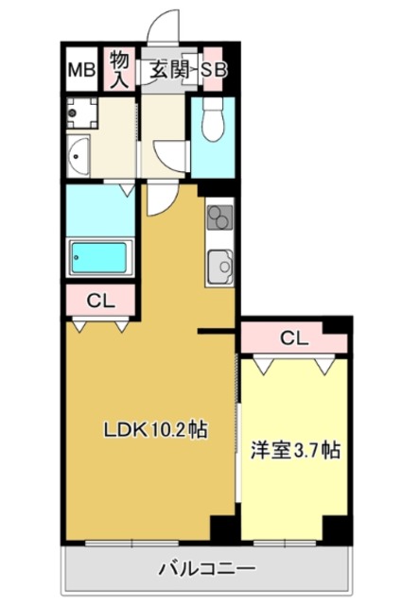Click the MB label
(x=79, y=69)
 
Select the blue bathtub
(x=100, y=255)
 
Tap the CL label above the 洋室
(x=293, y=337)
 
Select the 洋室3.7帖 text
(x=293, y=451)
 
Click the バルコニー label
(x=206, y=570)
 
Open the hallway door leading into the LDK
(x=159, y=198)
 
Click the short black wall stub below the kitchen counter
(x=217, y=331)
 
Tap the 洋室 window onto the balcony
(x=284, y=544)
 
